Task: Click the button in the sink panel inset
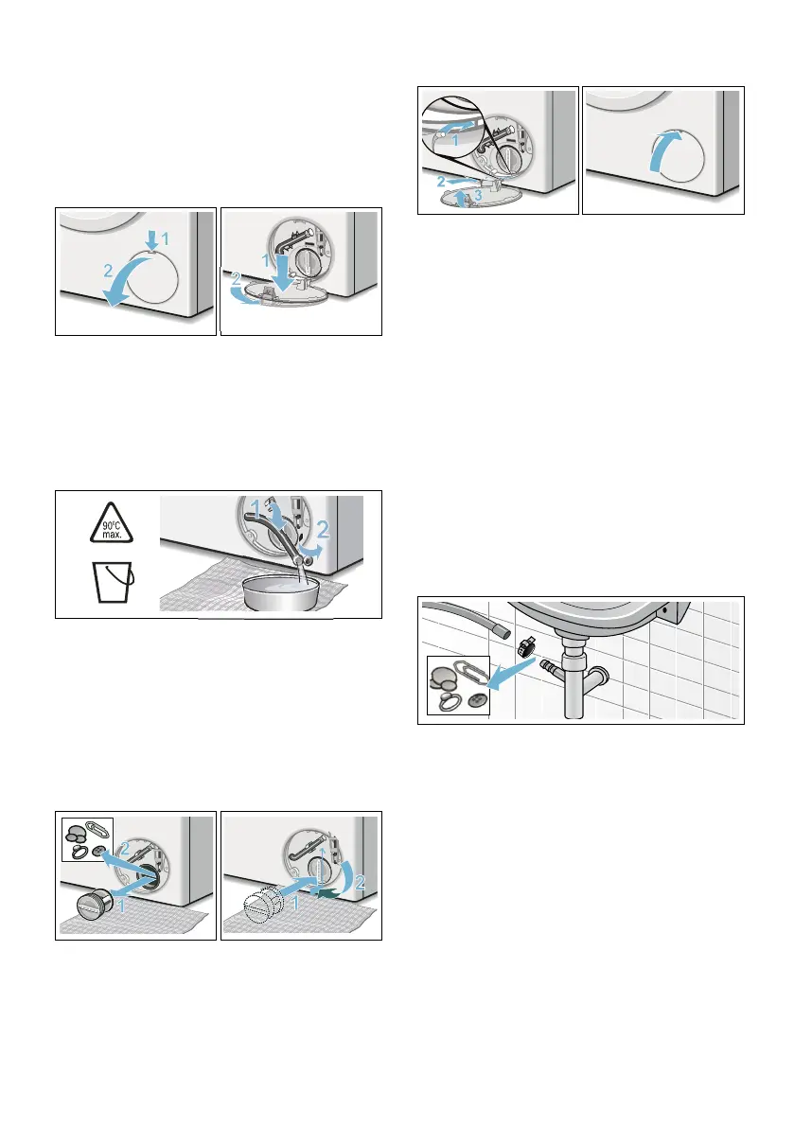click(x=474, y=700)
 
